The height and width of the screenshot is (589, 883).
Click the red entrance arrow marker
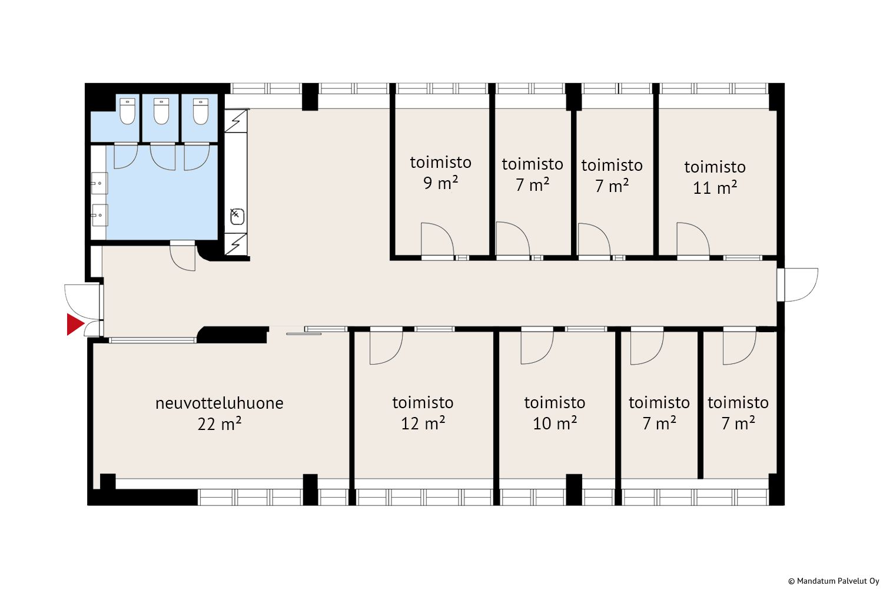pos(75,325)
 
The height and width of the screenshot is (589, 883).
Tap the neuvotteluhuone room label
pos(220,403)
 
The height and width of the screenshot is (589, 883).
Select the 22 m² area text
pos(220,424)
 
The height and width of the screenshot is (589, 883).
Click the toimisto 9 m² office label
pos(441,173)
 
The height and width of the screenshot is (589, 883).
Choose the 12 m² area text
pos(423,423)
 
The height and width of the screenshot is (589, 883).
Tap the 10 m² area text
pos(555,423)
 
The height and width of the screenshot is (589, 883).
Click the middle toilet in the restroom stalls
pos(161,111)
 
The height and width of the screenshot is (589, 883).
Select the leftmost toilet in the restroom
pos(127,111)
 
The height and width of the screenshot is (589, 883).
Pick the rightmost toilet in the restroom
pos(201,111)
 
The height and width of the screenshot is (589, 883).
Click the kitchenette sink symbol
pos(237,217)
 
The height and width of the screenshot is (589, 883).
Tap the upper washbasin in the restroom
pos(99,183)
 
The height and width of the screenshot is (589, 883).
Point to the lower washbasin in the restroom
pos(99,215)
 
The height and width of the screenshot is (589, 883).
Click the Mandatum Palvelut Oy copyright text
pos(834,581)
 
